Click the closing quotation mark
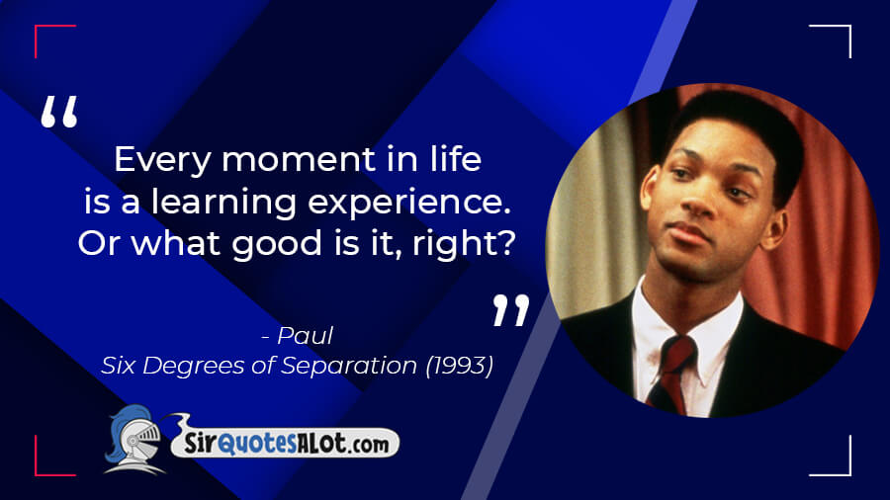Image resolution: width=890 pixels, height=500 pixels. pos(511,309)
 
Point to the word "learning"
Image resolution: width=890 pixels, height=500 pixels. pos(223,203)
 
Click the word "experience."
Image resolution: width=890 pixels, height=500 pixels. pos(409,203)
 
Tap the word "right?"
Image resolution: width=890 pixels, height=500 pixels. pos(464,244)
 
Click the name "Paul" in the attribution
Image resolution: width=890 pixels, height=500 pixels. pos(305,336)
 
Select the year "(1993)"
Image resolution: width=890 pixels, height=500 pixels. pos(459,366)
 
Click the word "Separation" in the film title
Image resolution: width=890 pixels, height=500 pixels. pos(349,367)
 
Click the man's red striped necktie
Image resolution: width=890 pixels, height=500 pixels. pos(672,373)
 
